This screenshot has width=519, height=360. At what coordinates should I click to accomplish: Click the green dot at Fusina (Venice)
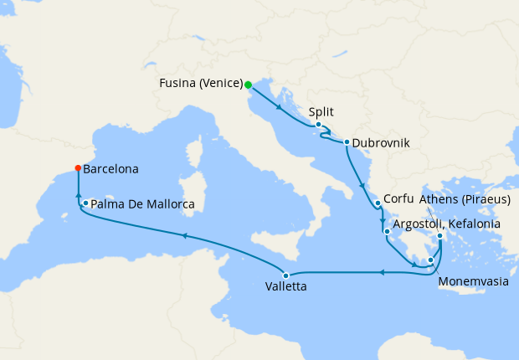pyautogui.click(x=248, y=84)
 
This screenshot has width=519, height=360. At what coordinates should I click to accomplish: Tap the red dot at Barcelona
pyautogui.click(x=78, y=168)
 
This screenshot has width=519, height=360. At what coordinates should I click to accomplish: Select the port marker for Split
pyautogui.click(x=318, y=126)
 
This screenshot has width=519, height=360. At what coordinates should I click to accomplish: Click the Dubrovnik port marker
pyautogui.click(x=345, y=142)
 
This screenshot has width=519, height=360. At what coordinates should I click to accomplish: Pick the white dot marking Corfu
pyautogui.click(x=378, y=203)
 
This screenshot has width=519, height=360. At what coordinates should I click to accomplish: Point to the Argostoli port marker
pyautogui.click(x=386, y=231)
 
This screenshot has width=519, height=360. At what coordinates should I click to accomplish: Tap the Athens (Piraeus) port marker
pyautogui.click(x=440, y=236)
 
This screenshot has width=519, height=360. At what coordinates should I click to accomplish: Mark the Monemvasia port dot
pyautogui.click(x=430, y=260)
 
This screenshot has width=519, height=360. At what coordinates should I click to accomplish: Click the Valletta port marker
pyautogui.click(x=285, y=275)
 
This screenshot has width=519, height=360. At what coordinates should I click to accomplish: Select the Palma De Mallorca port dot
pyautogui.click(x=85, y=203)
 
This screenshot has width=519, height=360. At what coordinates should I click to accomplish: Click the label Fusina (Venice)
pyautogui.click(x=200, y=84)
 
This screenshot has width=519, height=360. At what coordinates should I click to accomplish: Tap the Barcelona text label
pyautogui.click(x=111, y=168)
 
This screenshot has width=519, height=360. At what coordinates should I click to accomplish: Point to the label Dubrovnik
pyautogui.click(x=381, y=143)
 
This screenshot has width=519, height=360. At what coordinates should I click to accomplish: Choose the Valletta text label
pyautogui.click(x=286, y=287)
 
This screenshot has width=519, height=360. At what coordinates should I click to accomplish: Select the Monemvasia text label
pyautogui.click(x=474, y=282)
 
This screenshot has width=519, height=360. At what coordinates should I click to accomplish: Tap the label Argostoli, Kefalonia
pyautogui.click(x=447, y=224)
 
